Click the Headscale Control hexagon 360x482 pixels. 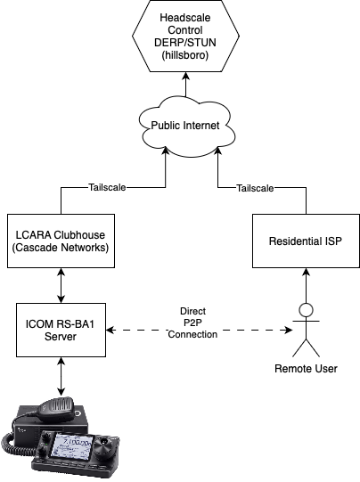185,36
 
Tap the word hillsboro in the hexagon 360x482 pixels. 185,55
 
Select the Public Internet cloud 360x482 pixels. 185,126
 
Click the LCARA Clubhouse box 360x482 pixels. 61,241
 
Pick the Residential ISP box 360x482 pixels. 306,241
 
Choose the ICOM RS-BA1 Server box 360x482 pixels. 61,331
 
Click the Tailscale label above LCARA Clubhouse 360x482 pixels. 107,187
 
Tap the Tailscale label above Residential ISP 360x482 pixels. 255,188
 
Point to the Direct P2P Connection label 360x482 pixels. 192,323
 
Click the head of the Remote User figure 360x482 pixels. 306,310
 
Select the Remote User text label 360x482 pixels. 306,369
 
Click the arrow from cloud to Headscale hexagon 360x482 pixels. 185,85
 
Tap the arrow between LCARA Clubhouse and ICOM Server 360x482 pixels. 61,286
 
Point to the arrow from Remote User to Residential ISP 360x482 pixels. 306,286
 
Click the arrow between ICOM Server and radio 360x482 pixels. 61,377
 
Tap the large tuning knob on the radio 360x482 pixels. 104,445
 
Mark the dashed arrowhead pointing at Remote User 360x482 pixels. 289,331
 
